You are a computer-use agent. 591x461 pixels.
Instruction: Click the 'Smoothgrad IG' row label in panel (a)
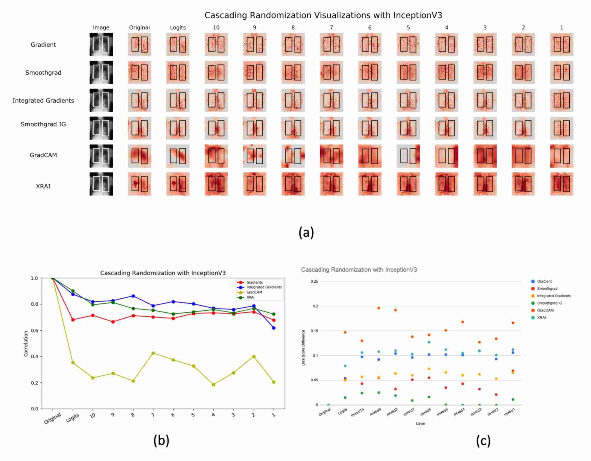click(43, 124)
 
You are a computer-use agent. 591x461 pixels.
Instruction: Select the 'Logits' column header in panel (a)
click(178, 27)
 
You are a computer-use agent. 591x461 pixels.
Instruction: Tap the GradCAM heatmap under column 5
click(408, 156)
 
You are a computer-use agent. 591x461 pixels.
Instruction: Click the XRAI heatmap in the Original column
click(140, 184)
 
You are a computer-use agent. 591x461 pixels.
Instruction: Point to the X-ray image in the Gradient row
click(101, 44)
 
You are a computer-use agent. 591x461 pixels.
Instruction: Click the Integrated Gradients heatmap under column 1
click(562, 100)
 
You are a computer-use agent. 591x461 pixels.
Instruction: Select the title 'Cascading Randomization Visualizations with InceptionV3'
click(323, 15)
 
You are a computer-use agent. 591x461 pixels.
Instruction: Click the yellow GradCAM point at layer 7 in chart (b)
click(153, 353)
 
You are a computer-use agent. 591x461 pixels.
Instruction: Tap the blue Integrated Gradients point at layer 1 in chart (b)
click(274, 328)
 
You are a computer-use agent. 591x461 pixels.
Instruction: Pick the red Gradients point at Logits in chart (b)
click(73, 320)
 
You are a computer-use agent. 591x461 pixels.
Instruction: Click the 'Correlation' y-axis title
click(26, 344)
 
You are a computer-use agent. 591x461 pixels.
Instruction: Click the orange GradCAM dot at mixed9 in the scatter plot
click(379, 308)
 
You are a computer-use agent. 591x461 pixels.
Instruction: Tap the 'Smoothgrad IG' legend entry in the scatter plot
click(549, 303)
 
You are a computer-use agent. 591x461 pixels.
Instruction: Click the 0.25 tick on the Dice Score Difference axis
click(314, 281)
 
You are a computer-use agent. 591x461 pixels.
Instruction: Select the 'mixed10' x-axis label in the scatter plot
click(358, 412)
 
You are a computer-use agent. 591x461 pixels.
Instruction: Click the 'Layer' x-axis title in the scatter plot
click(420, 423)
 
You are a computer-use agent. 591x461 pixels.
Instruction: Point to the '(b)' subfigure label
click(161, 441)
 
